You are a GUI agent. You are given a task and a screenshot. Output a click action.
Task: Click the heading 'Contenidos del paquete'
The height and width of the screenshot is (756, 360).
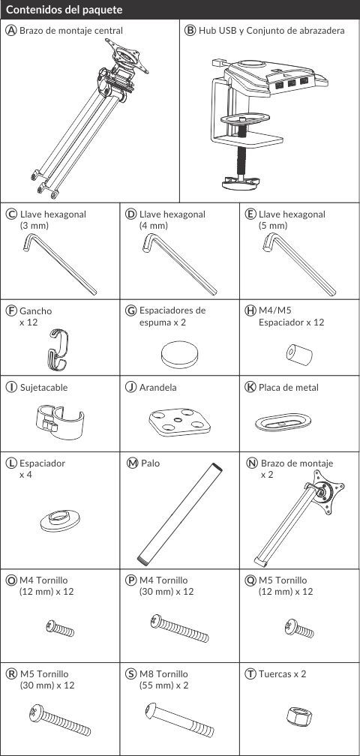[x=64, y=10]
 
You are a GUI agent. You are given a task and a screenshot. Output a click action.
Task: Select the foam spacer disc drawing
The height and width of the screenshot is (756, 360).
[x=179, y=353]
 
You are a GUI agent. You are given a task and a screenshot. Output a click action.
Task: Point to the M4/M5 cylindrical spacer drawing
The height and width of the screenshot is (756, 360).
[x=299, y=354]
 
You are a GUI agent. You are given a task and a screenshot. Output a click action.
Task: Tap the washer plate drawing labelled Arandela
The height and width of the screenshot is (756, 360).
[x=180, y=421]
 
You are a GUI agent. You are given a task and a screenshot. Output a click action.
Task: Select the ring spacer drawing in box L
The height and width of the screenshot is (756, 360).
[x=60, y=520]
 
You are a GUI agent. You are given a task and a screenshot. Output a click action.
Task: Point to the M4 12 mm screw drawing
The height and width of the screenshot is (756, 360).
[x=60, y=628]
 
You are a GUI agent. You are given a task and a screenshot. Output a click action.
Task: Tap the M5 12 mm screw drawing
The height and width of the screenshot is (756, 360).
[x=298, y=628]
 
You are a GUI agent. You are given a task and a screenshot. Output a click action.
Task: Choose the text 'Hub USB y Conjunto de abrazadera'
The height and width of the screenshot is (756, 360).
[x=271, y=31]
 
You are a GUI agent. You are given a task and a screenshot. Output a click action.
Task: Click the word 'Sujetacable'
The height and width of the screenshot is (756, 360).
[x=43, y=387]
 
